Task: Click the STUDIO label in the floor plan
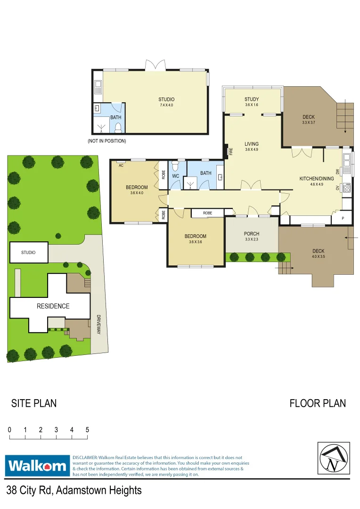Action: tap(166, 99)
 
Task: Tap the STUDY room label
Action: tap(252, 99)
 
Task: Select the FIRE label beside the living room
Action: tap(231, 151)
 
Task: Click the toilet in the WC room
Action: tap(175, 166)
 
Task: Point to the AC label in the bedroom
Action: tap(121, 165)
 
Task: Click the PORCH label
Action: tap(252, 234)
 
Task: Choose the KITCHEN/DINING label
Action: tap(317, 179)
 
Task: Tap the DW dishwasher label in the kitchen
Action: tap(338, 172)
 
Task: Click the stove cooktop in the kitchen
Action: tap(347, 188)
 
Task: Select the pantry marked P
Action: tap(343, 218)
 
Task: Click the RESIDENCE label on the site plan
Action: tap(53, 306)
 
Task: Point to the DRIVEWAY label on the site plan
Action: tap(98, 325)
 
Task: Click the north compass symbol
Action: tap(334, 458)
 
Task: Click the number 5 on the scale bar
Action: tap(87, 430)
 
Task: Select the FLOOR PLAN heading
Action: tap(318, 403)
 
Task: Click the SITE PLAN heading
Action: tap(34, 403)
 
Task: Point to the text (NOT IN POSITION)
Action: tap(107, 141)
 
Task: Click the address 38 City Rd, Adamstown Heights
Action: tap(74, 491)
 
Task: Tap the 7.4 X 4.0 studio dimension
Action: tap(166, 105)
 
